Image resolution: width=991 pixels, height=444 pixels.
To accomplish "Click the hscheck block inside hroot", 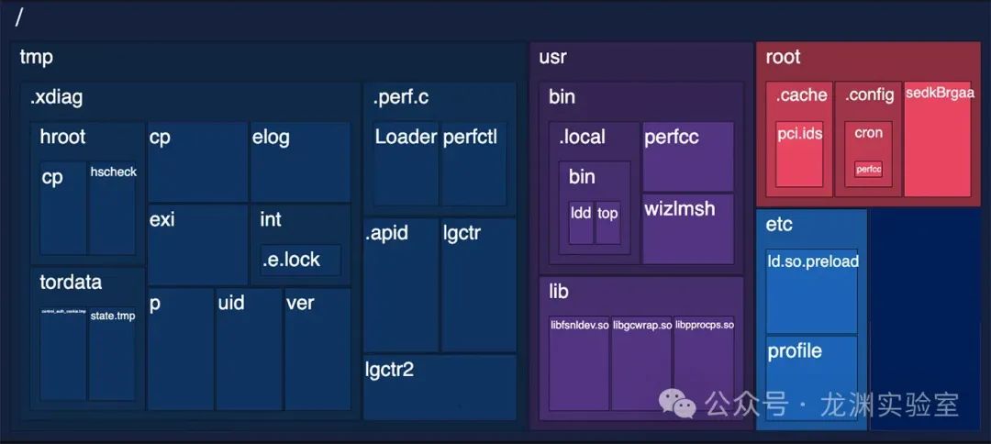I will point(111,209).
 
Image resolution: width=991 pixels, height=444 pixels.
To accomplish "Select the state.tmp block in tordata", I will point(112,354).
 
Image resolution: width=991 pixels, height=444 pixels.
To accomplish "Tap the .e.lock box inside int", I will point(300,260).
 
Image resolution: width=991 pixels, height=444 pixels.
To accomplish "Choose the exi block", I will point(197,244).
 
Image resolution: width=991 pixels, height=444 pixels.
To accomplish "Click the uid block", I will point(249,349).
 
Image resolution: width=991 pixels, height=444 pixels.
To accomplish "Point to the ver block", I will point(317,349).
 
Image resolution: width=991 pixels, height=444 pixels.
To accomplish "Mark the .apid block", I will point(401,284).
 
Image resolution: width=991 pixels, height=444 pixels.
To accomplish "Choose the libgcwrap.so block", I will point(641,362).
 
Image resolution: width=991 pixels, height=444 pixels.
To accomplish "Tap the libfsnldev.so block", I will point(579,362).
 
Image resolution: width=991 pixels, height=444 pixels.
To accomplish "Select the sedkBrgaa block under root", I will point(938,139).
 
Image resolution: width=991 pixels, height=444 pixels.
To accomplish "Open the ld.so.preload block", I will point(811,290).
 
